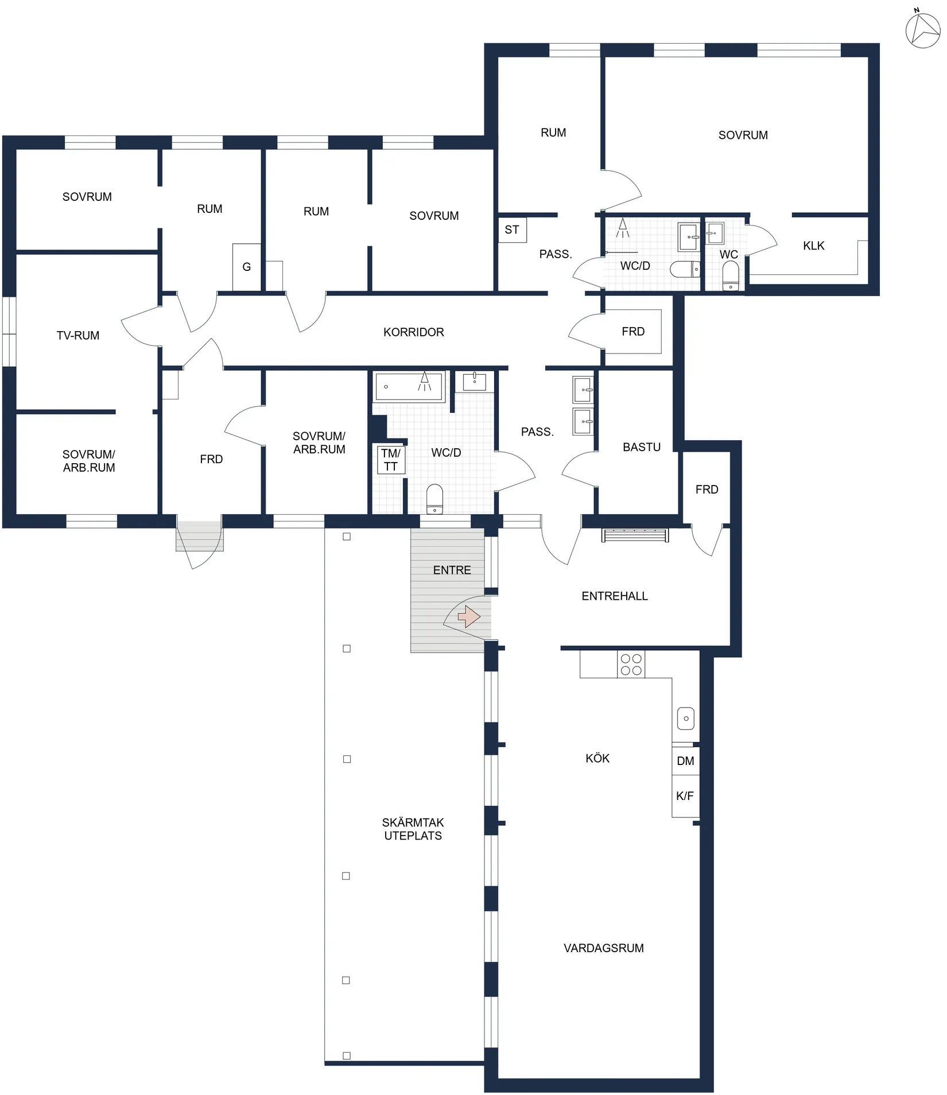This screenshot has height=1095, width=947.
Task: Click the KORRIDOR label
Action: (x=413, y=332)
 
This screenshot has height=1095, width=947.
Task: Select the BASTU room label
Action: (x=641, y=447)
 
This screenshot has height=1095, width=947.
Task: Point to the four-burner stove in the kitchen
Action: (x=631, y=665)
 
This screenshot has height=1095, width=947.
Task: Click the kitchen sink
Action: (x=686, y=718)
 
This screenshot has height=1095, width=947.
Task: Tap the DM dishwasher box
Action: (x=685, y=761)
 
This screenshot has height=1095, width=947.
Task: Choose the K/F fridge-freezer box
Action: (x=685, y=796)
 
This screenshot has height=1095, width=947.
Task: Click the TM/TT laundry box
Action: (x=391, y=460)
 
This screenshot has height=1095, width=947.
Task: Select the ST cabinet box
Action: (x=512, y=230)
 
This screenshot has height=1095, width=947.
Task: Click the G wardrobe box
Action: (x=247, y=267)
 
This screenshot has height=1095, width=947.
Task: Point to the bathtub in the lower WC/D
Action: (x=409, y=386)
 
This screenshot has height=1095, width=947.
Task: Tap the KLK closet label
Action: (x=813, y=246)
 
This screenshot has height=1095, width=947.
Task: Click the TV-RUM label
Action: (x=78, y=336)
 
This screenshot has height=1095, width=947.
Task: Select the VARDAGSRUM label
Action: (x=603, y=948)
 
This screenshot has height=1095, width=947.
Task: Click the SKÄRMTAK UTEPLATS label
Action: (x=413, y=829)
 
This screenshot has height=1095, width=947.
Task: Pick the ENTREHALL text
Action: (x=614, y=596)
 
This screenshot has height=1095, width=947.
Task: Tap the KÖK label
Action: (x=597, y=759)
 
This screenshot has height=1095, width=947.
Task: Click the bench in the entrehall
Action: (x=635, y=535)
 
